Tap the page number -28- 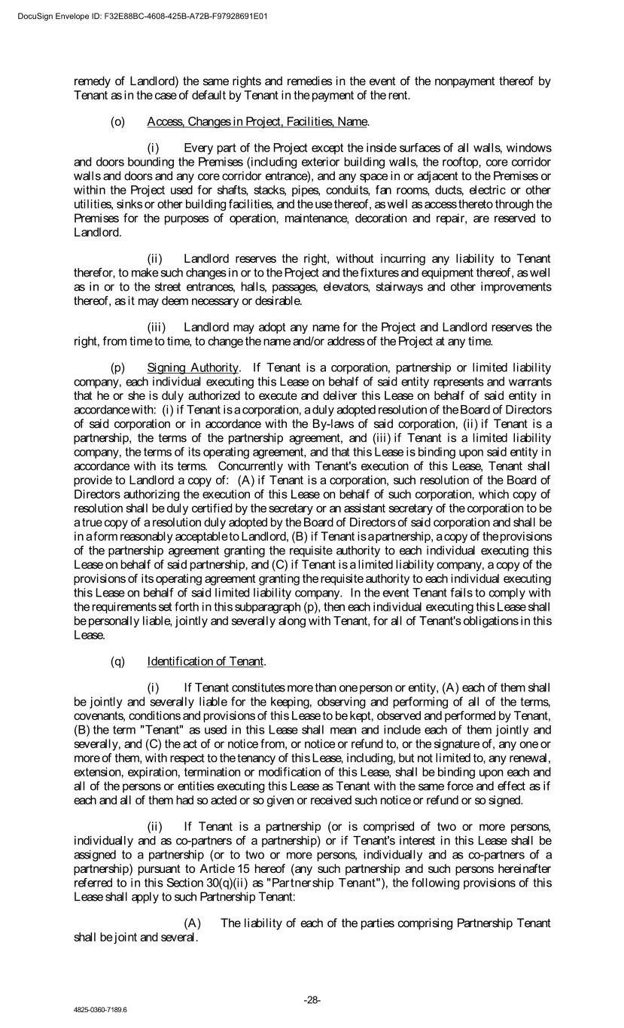coord(312,1000)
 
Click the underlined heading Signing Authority coord(193,368)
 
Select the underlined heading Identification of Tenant coord(205,661)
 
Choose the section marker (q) coord(118,661)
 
